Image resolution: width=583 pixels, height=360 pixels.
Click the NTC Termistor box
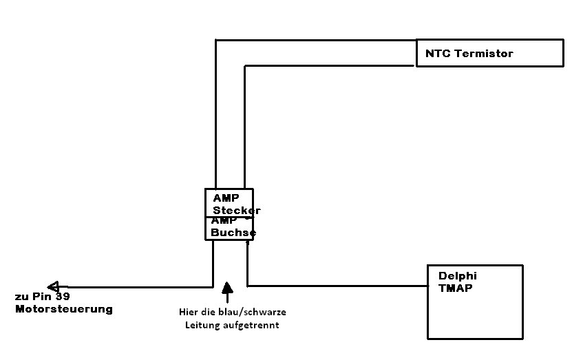(489, 53)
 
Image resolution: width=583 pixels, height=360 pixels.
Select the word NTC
(436, 53)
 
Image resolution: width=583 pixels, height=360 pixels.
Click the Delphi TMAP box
(475, 302)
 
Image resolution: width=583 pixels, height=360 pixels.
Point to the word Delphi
(457, 276)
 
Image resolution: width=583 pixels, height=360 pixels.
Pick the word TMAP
(455, 288)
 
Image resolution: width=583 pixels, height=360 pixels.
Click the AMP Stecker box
(229, 202)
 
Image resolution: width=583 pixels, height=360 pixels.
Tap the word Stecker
(236, 210)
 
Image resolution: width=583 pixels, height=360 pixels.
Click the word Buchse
(233, 233)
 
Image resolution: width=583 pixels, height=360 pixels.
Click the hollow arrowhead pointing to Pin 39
(53, 286)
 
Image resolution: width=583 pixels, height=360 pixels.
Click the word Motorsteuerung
(64, 309)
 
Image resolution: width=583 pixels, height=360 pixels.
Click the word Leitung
(200, 326)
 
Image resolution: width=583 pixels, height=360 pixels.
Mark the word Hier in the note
(188, 313)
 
